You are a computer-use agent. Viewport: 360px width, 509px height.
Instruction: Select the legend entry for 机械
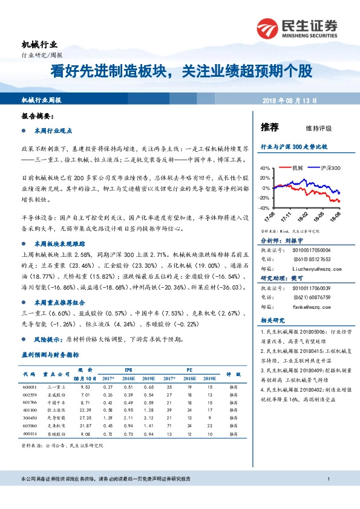(296, 168)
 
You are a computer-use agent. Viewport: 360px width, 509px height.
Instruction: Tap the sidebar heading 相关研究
(272, 321)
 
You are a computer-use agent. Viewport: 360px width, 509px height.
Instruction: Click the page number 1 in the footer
(327, 496)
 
